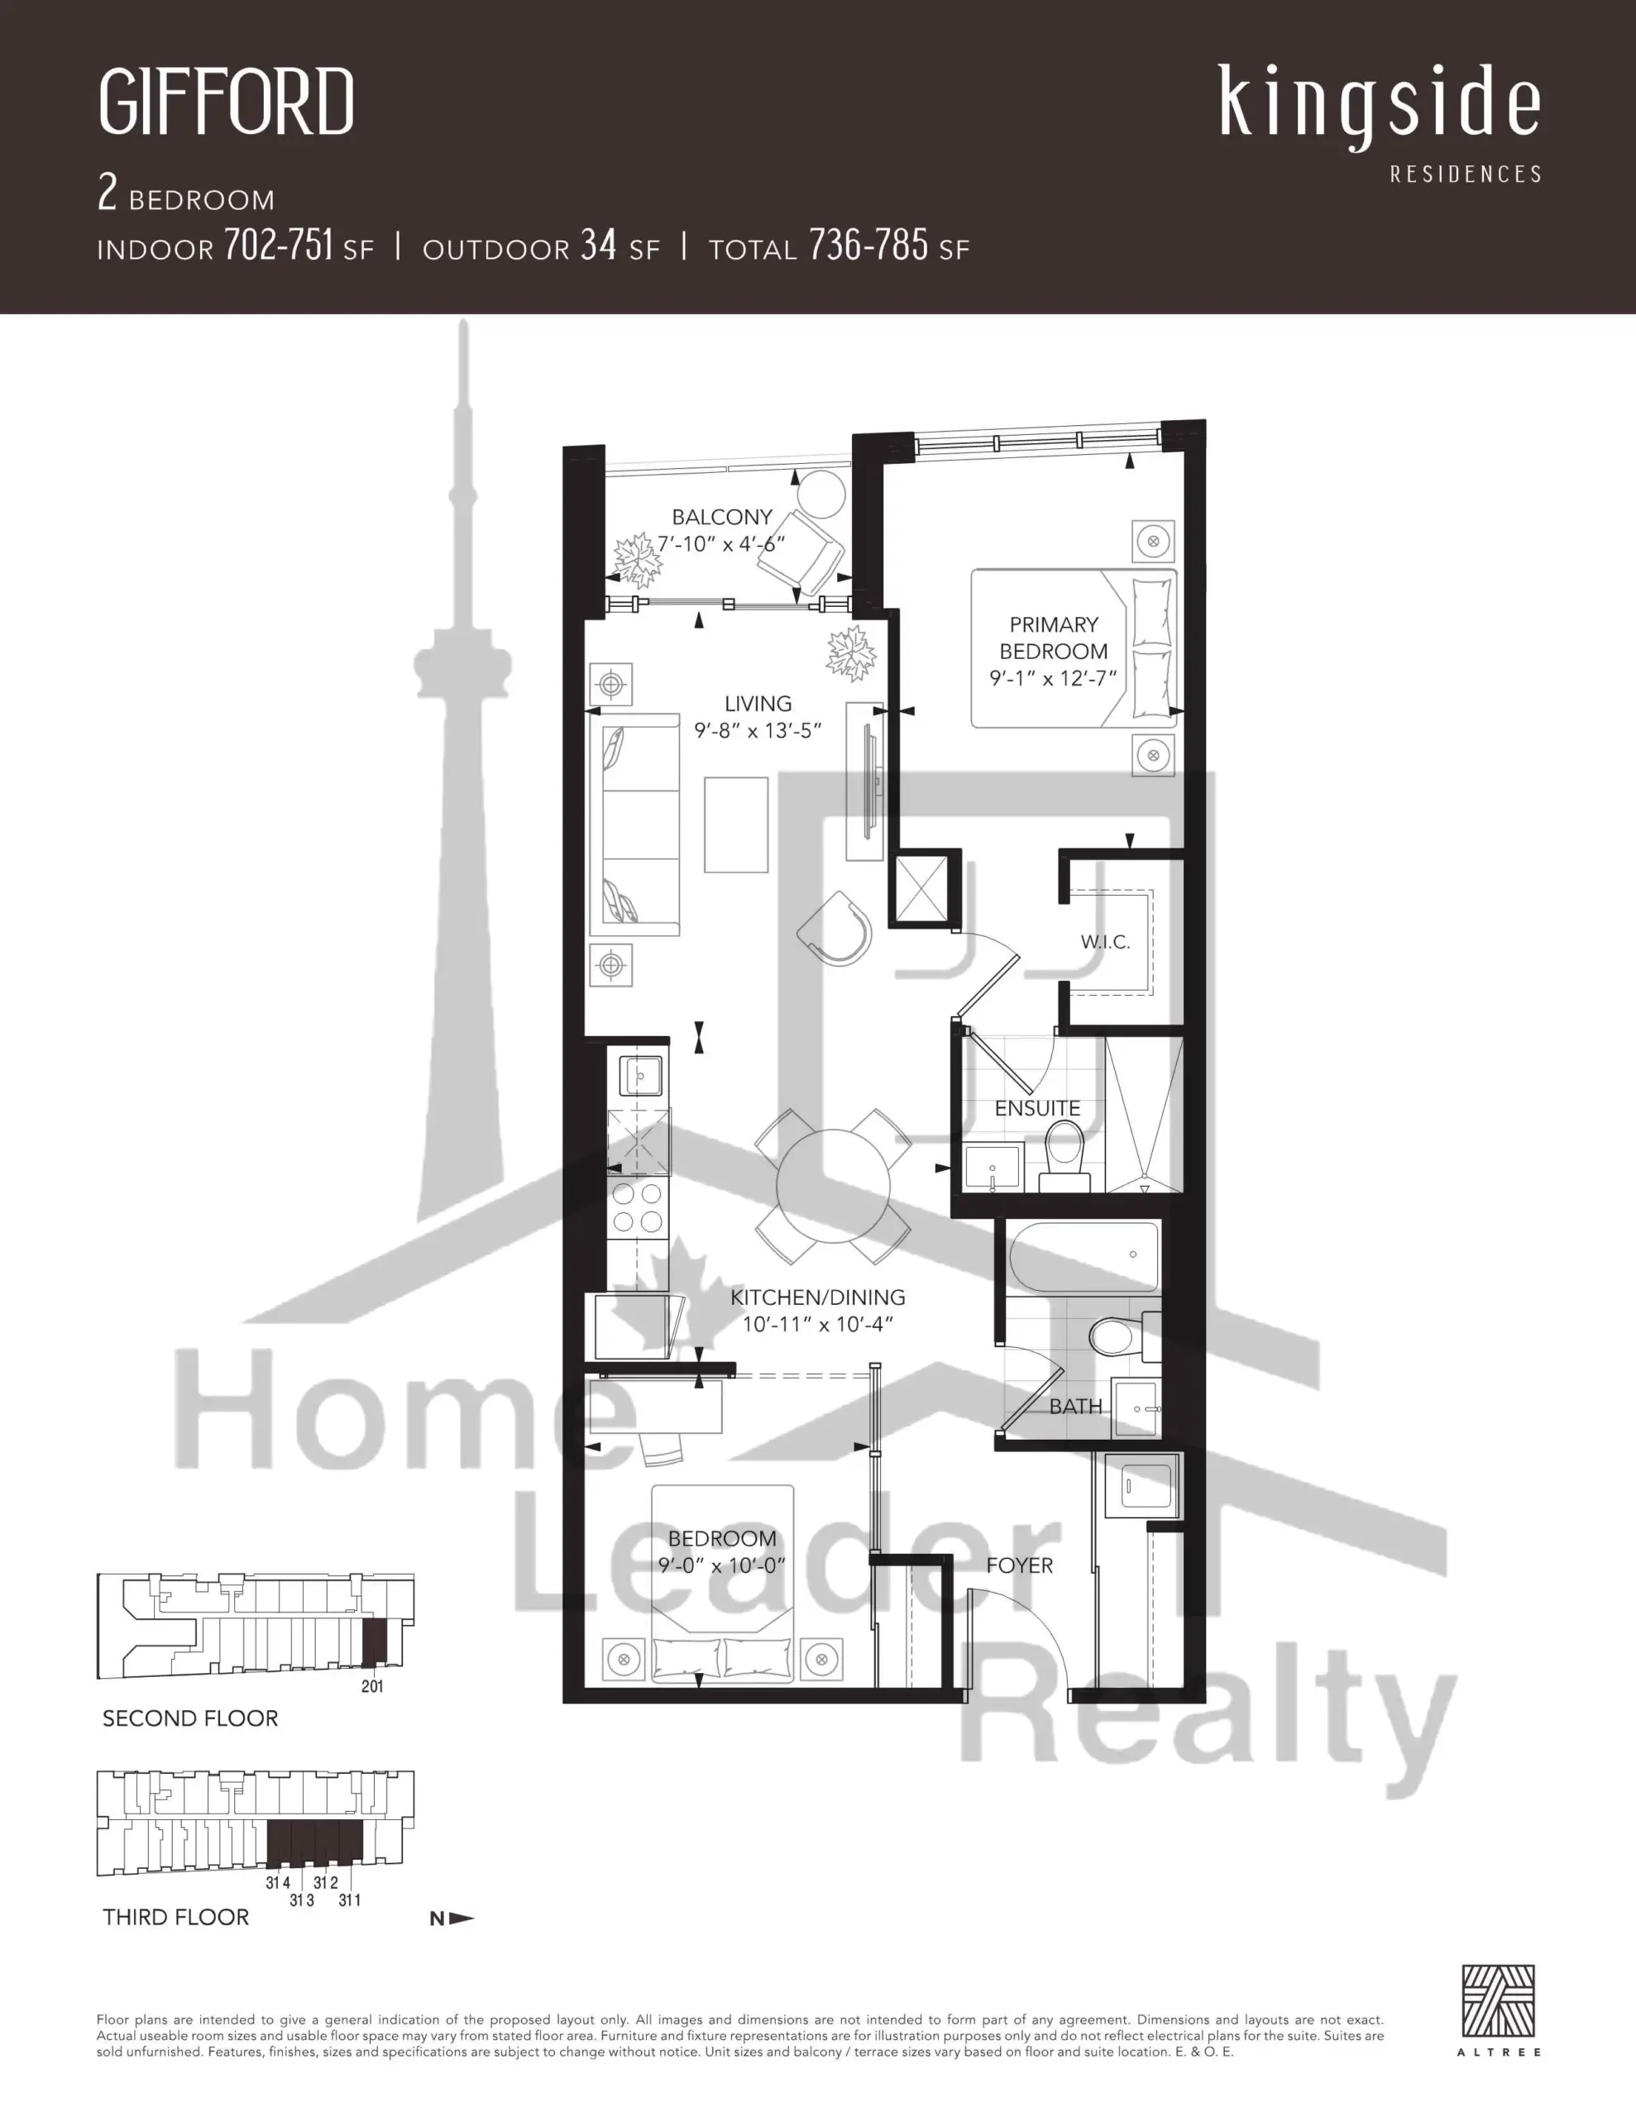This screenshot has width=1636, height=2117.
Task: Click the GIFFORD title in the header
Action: click(226, 101)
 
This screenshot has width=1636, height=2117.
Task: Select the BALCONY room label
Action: click(723, 518)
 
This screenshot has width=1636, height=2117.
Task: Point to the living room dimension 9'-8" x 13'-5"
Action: click(758, 731)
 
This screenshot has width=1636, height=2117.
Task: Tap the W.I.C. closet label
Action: click(1106, 941)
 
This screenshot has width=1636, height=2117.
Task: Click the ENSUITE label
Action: click(1038, 1108)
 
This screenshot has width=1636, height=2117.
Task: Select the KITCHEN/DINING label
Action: click(817, 1297)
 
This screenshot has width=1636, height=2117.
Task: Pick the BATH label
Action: click(1075, 1407)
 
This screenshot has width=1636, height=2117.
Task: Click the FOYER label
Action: click(1019, 1565)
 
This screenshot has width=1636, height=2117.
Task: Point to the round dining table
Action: click(833, 1187)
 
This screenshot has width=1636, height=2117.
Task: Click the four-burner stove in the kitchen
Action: click(637, 1207)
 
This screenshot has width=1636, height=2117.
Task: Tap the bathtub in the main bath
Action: click(1083, 1256)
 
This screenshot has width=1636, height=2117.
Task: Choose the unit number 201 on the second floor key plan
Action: click(372, 1687)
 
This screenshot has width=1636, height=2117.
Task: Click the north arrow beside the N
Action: click(462, 1918)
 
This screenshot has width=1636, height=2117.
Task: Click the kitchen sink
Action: click(640, 1075)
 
